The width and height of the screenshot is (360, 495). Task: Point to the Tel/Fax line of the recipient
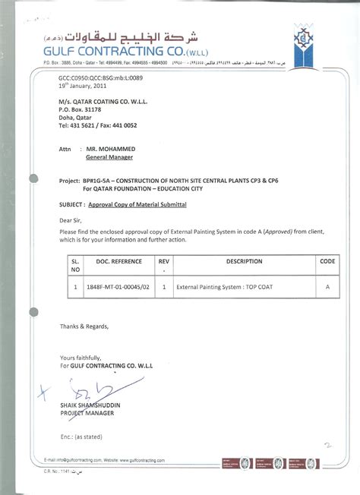(98, 125)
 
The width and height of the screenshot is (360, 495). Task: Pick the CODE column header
(327, 260)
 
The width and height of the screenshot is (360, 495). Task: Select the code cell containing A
(327, 288)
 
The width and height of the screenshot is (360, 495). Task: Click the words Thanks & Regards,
(85, 326)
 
